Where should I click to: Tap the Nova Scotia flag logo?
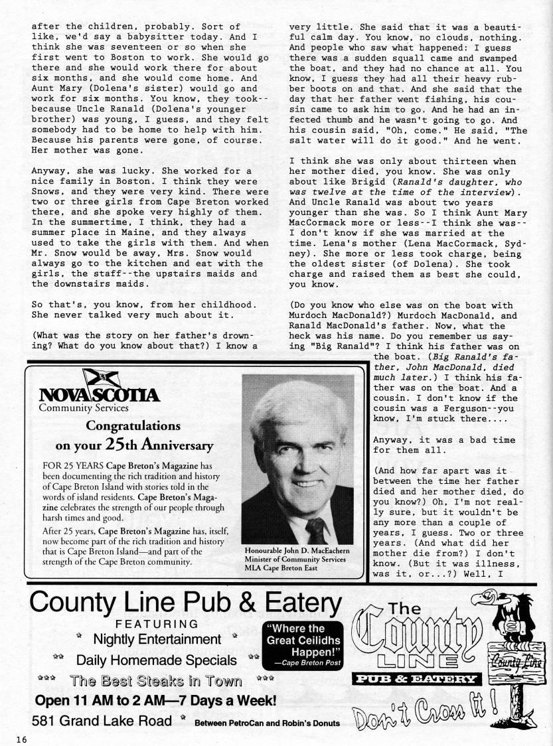coord(101,379)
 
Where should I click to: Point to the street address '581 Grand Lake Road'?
coord(102,721)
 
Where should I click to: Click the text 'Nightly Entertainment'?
coord(157,639)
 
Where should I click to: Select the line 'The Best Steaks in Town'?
coord(157,680)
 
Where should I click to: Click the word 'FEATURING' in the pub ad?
coord(157,623)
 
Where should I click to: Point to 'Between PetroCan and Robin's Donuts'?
coord(267,723)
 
